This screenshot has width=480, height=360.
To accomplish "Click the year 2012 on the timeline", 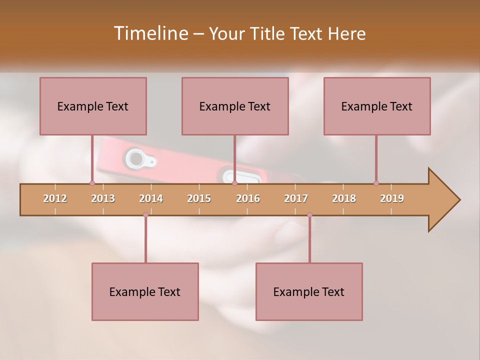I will (55, 198).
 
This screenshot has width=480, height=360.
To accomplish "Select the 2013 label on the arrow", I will (103, 198).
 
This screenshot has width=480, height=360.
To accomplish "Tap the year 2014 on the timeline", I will (151, 198).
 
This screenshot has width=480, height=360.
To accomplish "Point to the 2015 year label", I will (199, 198).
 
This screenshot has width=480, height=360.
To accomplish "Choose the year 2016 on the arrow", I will (248, 198).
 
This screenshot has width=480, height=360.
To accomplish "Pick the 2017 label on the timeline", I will (296, 198).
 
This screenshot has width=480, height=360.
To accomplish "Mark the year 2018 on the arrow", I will (344, 198).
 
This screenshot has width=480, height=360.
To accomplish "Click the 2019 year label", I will (392, 198).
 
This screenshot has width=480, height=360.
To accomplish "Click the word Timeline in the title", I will (149, 33).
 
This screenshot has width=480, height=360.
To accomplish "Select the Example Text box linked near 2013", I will (93, 106).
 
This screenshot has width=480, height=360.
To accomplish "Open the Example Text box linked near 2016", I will (235, 106).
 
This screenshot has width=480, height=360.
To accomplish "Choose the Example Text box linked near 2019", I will (377, 106).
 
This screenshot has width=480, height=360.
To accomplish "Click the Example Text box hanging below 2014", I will (145, 291).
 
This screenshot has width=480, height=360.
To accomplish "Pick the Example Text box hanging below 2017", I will (309, 291).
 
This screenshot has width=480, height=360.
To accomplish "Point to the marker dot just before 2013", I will (92, 183).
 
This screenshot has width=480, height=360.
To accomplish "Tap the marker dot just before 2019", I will (376, 183).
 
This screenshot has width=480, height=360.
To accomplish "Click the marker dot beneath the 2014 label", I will (145, 215).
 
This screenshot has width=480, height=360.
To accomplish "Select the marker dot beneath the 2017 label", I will (309, 215).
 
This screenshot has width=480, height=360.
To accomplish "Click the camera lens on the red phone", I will (134, 159).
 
